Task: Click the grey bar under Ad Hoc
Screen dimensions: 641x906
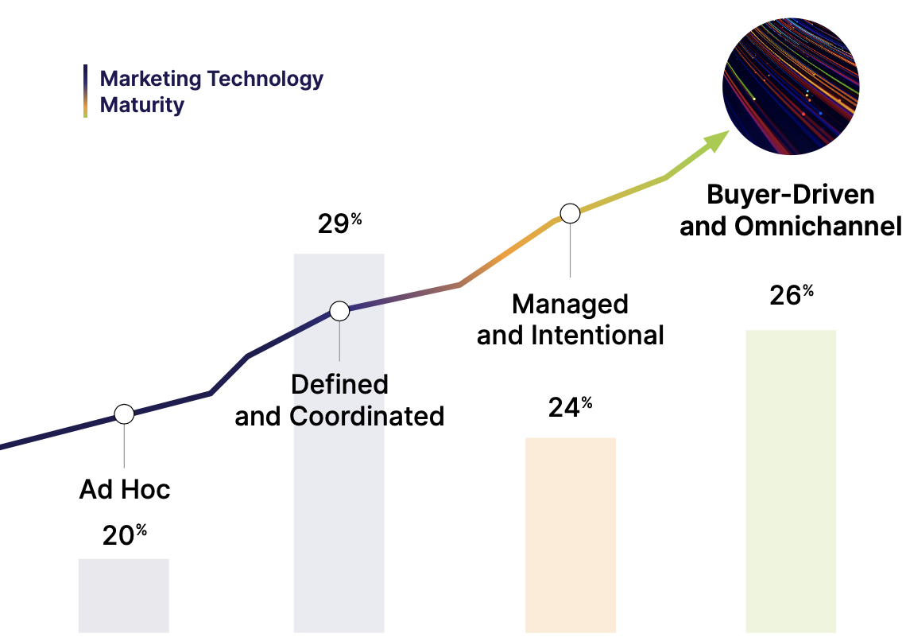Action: [x=123, y=596]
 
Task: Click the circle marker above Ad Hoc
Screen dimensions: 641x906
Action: [x=124, y=414]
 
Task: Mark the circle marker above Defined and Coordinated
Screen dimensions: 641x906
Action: [x=339, y=311]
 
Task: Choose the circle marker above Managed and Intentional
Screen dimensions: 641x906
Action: [x=570, y=213]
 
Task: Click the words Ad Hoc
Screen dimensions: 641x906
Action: [x=125, y=489]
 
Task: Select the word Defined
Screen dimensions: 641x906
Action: [x=339, y=384]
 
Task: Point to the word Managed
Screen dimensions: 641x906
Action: [x=570, y=304]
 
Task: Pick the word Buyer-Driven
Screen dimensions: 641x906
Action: [x=791, y=195]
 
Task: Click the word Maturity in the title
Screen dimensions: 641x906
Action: [x=142, y=105]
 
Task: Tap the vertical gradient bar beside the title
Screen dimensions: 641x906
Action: [x=85, y=91]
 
